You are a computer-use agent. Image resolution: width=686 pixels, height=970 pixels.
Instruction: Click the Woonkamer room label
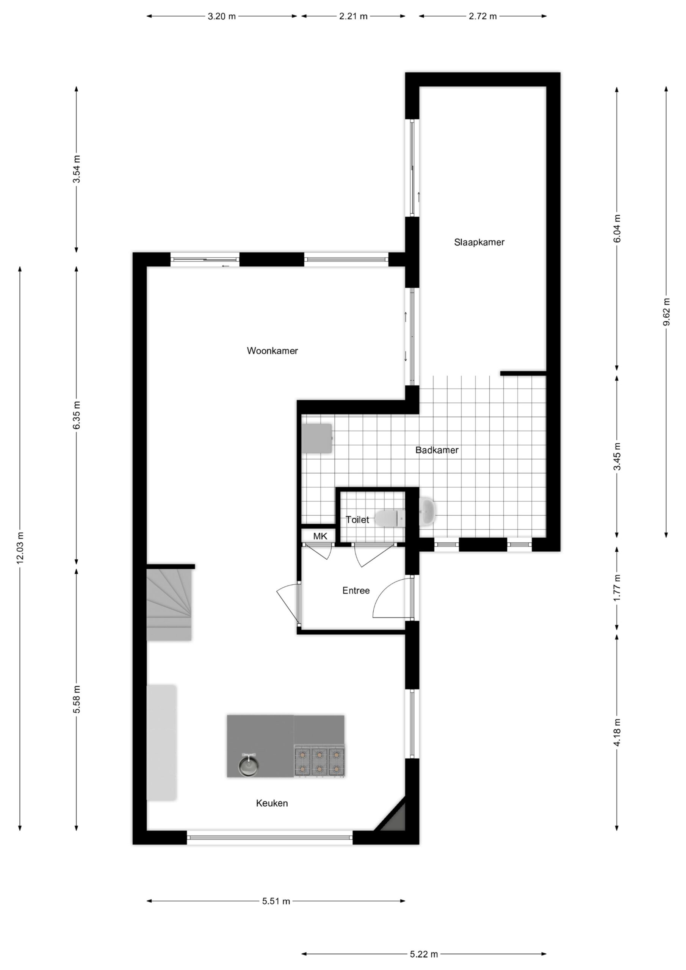pos(272,350)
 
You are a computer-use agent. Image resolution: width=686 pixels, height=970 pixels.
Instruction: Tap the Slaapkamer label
pos(479,242)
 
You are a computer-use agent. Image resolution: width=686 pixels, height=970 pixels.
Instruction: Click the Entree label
pos(356,591)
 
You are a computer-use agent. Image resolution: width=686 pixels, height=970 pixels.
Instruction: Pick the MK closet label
pos(320,536)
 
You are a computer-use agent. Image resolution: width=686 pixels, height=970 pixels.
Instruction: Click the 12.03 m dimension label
pos(20,548)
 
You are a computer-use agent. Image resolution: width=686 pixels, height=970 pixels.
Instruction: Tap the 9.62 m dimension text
pos(667,312)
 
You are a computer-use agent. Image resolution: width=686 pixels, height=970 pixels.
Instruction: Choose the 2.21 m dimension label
pos(353,16)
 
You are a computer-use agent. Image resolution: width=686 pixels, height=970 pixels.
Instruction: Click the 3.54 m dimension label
pos(77,169)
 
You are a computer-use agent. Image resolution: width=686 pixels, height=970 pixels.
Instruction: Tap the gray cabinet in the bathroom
pos(316,438)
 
